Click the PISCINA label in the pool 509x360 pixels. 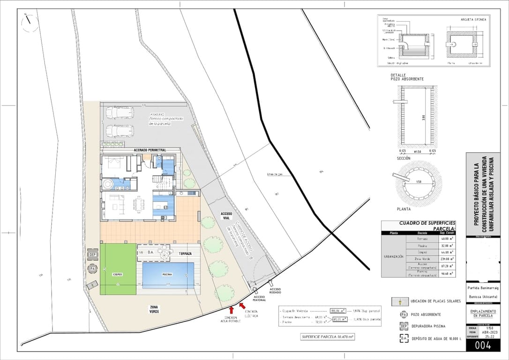pos(167,275)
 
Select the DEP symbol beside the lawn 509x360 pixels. pos(92,255)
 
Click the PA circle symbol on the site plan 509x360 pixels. pos(92,269)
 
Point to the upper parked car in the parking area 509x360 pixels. pos(120,112)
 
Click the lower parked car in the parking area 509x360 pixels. pos(120,130)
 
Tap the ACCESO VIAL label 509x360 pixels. pos(226,216)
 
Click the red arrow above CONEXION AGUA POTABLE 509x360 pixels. pos(232,309)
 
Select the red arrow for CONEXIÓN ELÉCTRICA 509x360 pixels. pos(242,306)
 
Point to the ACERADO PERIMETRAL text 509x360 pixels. pos(150,150)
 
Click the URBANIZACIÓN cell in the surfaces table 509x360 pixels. pos(393,256)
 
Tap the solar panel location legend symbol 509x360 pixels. pos(400,300)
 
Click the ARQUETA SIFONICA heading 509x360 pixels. pos(473,20)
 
